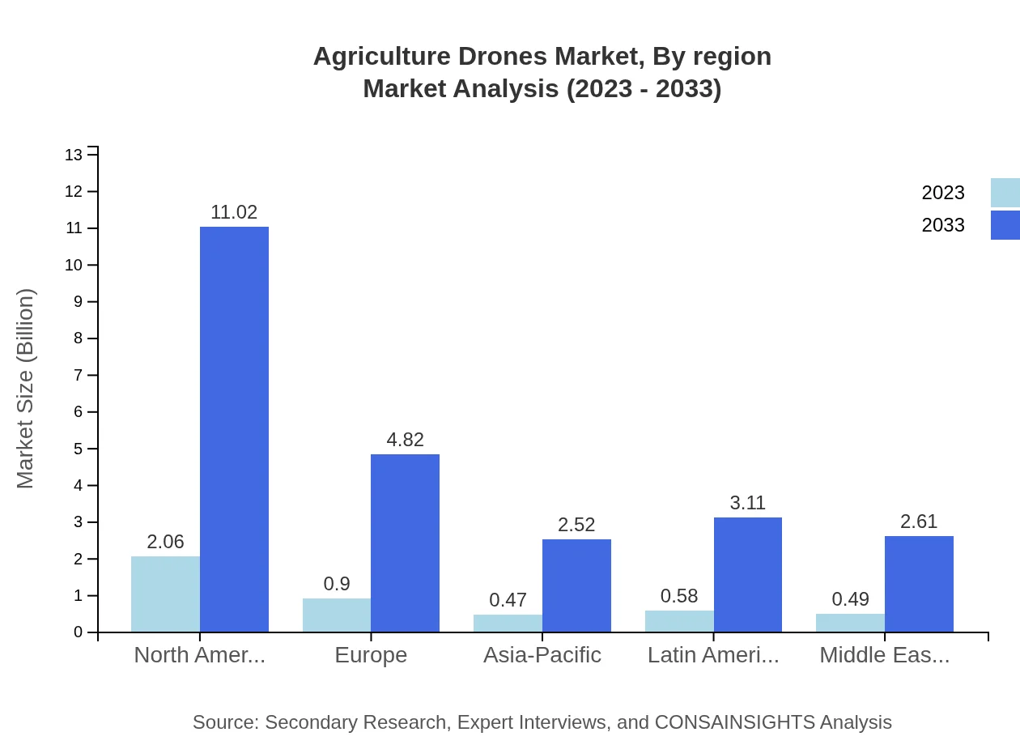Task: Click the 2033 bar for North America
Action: pyautogui.click(x=234, y=429)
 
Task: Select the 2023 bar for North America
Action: pyautogui.click(x=165, y=594)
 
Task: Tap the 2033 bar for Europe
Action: pyautogui.click(x=405, y=543)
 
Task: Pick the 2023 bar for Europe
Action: pyautogui.click(x=337, y=615)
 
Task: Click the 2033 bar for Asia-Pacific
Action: pyautogui.click(x=576, y=585)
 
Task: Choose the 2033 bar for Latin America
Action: pyautogui.click(x=748, y=574)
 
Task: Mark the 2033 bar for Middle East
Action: pyautogui.click(x=919, y=583)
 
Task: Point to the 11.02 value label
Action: pyautogui.click(x=234, y=212)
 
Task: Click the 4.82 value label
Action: pyautogui.click(x=405, y=440)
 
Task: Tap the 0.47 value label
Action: pyautogui.click(x=508, y=600)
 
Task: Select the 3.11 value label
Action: pyautogui.click(x=747, y=503)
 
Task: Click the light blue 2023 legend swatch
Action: pyautogui.click(x=1005, y=193)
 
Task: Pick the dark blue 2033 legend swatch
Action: pyautogui.click(x=1005, y=225)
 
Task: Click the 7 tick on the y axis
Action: pyautogui.click(x=79, y=375)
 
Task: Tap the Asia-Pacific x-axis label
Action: pyautogui.click(x=542, y=654)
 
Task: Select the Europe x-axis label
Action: pyautogui.click(x=371, y=654)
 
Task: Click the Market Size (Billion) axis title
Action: pyautogui.click(x=26, y=389)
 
